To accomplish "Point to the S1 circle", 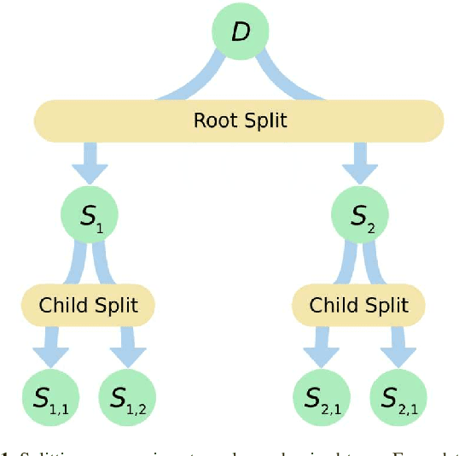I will tap(89, 213).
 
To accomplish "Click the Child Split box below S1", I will tap(89, 305).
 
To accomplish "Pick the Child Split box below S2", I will tap(359, 305).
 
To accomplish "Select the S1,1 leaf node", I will tap(49, 397).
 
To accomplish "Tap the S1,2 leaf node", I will tap(128, 397).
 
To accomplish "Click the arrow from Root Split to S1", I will tap(89, 162).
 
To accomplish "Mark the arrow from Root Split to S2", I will tap(360, 162).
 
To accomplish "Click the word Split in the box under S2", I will tap(385, 305).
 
